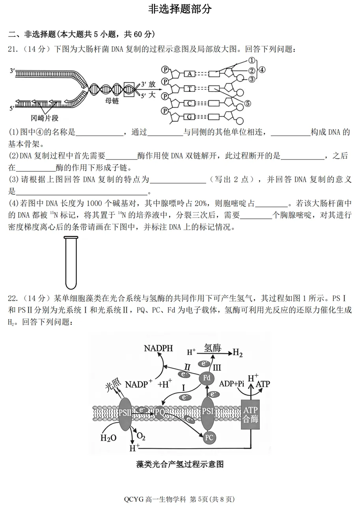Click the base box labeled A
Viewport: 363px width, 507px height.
[x=190, y=73]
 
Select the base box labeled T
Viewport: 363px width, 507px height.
[x=190, y=89]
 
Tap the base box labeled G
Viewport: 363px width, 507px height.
[x=190, y=117]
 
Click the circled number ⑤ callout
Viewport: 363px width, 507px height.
[x=248, y=104]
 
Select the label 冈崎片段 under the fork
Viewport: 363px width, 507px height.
[x=45, y=118]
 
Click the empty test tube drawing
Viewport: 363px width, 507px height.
[x=71, y=262]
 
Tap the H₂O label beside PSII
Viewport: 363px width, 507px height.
[x=108, y=438]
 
